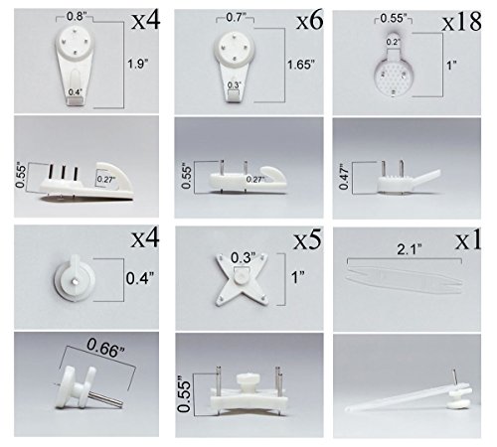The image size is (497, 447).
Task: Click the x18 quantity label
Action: click(461, 23)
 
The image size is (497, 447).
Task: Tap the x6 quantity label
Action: click(310, 21)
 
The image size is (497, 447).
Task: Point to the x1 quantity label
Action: click(468, 240)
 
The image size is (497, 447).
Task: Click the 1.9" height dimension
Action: click(138, 64)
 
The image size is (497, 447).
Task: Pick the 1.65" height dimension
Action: click(301, 65)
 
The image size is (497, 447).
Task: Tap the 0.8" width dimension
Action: click(75, 16)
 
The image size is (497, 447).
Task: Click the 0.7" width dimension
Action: click(235, 17)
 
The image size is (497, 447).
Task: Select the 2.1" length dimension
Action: click(410, 249)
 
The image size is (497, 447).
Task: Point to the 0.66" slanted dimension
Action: click(105, 348)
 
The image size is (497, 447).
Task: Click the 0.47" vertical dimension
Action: click(344, 177)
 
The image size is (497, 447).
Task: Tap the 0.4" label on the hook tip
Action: click(75, 92)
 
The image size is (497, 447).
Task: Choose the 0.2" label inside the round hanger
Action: click(394, 42)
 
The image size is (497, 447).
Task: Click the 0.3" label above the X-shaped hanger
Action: click(244, 257)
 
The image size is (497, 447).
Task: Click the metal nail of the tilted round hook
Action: click(106, 398)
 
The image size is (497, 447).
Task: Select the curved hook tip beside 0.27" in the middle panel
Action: click(274, 175)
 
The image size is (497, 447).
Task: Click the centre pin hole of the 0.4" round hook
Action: click(76, 281)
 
